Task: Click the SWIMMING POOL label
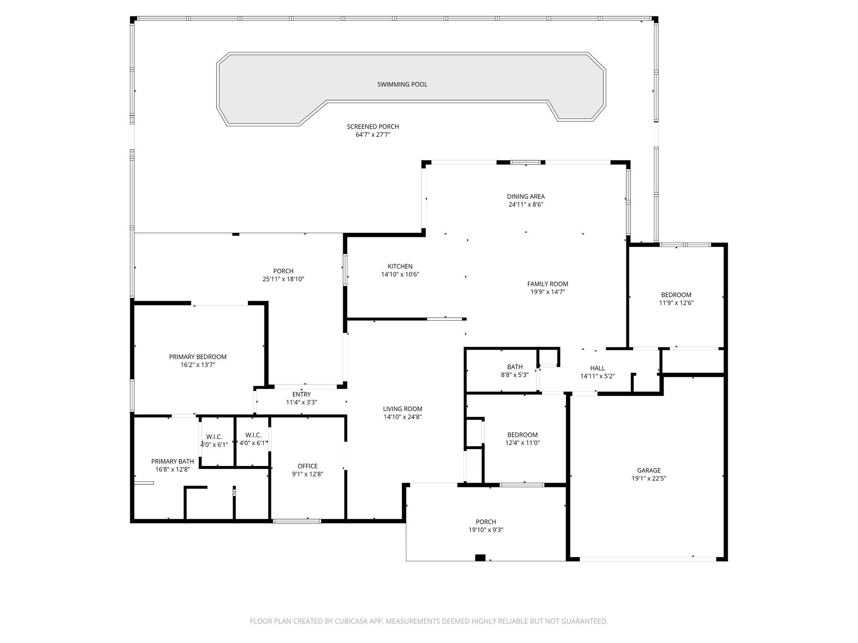click(x=402, y=85)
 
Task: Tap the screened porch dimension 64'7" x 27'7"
click(x=372, y=135)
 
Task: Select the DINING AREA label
click(x=525, y=196)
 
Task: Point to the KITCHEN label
click(x=400, y=266)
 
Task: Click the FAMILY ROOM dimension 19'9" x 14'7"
click(x=548, y=292)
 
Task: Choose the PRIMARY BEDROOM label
click(x=198, y=357)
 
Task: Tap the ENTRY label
click(x=301, y=394)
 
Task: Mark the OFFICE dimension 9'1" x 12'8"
click(x=308, y=474)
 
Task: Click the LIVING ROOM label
click(x=402, y=409)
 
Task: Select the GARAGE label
click(x=649, y=470)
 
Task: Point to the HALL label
click(x=597, y=368)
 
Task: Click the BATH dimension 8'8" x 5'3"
click(x=514, y=375)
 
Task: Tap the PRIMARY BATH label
click(x=172, y=461)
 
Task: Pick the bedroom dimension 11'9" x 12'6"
click(x=676, y=303)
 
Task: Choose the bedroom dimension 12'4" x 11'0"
click(x=522, y=442)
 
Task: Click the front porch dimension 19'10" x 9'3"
click(x=486, y=530)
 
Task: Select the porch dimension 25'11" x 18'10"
click(x=283, y=279)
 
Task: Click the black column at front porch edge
click(x=480, y=558)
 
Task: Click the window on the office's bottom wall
click(x=297, y=521)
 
